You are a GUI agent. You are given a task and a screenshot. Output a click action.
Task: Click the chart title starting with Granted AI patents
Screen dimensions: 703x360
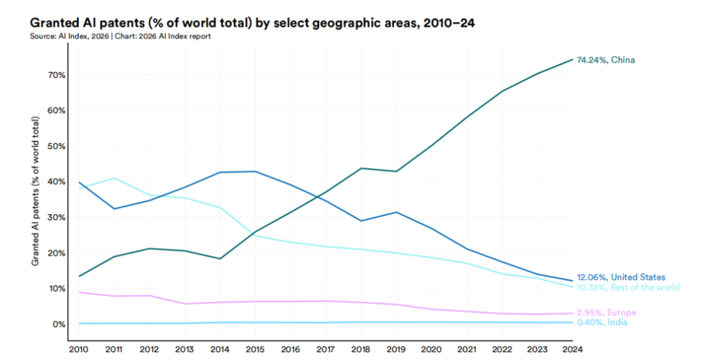point(253,22)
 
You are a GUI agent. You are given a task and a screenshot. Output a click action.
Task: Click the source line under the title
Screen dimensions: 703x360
point(120,36)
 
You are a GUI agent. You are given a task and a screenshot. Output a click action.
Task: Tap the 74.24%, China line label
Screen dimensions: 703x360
point(606,60)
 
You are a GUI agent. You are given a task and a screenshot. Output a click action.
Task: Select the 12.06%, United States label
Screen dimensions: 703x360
point(621,277)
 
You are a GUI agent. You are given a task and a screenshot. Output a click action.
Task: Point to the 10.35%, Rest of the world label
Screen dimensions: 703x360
point(628,287)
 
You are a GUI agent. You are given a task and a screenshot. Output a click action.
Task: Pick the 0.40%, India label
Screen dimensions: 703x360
point(601,322)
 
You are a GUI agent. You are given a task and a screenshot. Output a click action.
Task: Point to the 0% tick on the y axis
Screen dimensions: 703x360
point(59,324)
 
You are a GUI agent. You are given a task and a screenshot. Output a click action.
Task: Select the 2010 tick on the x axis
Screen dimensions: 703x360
point(79,349)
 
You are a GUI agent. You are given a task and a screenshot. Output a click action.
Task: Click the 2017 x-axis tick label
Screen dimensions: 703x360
point(325,349)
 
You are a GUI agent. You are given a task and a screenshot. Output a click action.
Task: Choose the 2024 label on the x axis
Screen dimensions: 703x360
point(573,349)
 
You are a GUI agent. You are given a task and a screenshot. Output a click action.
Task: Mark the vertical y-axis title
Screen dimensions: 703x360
point(35,191)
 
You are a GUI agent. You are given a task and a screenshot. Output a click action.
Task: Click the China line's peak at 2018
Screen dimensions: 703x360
point(361,168)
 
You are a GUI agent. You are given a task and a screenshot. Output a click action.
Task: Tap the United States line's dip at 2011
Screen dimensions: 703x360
point(114,209)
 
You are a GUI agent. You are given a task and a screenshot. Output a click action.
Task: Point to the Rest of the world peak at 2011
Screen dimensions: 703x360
point(114,178)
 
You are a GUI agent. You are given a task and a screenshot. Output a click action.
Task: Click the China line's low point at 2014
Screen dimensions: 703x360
point(220,258)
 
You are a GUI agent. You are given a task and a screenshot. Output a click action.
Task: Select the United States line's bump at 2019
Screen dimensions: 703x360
point(396,212)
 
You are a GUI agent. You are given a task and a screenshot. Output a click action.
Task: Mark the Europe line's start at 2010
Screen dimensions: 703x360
point(79,292)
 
